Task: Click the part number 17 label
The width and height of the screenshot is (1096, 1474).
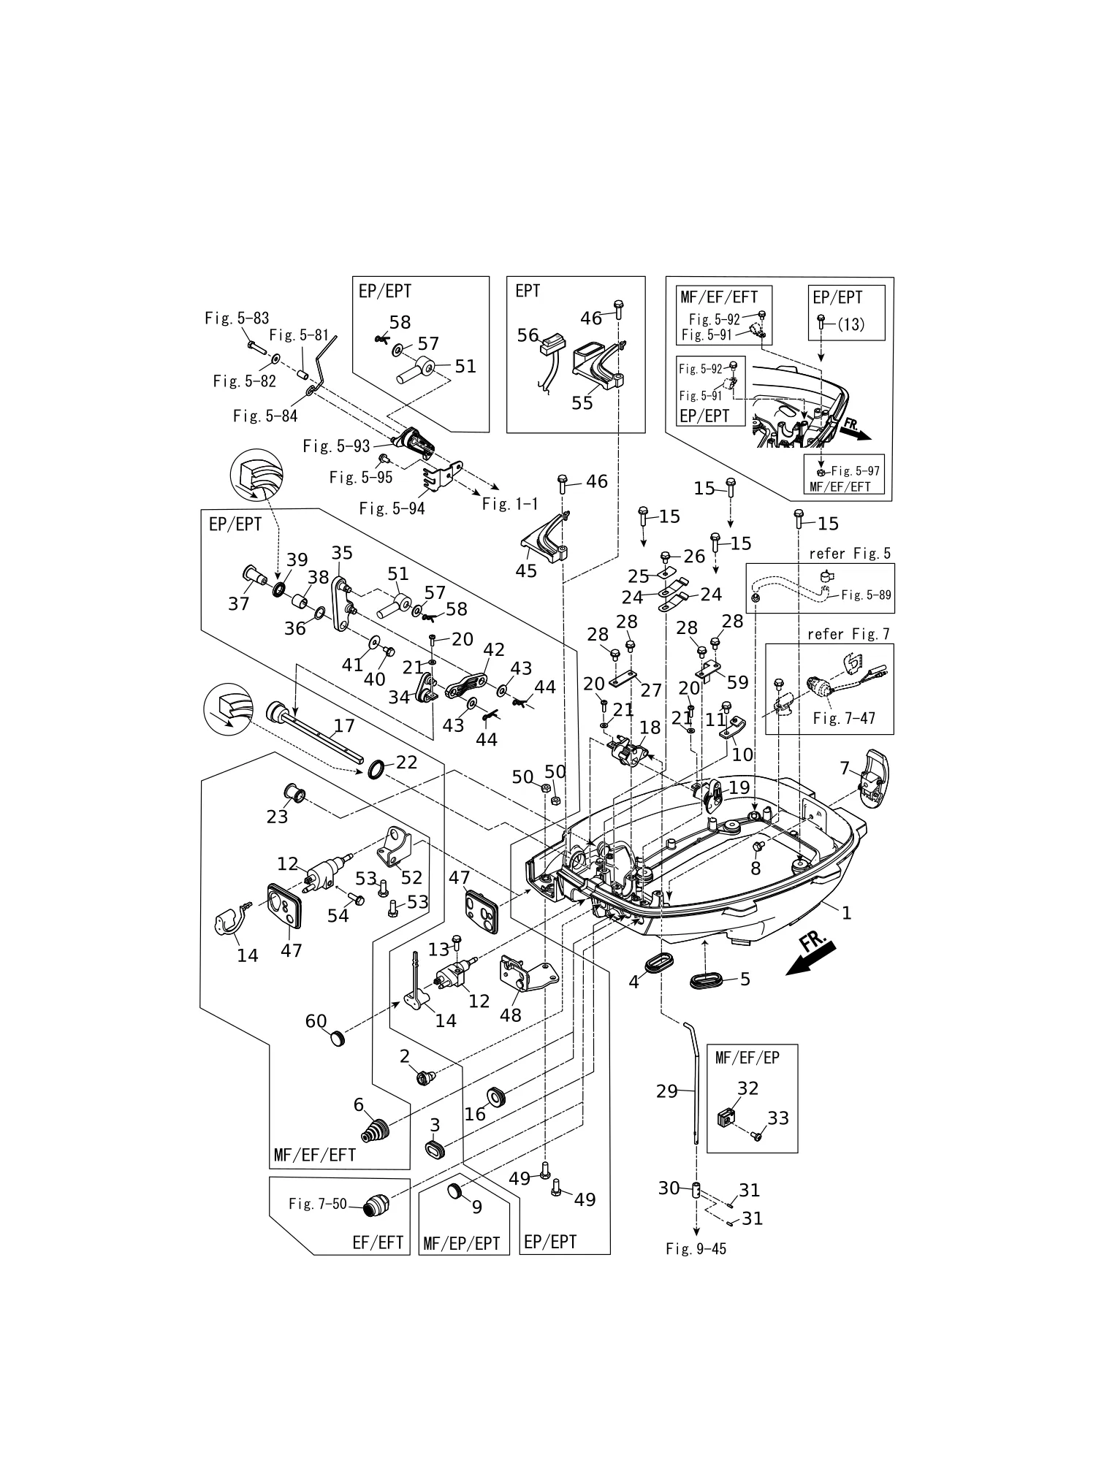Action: (344, 725)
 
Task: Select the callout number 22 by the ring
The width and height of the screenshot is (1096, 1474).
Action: (406, 762)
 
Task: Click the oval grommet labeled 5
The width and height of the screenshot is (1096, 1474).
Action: (707, 980)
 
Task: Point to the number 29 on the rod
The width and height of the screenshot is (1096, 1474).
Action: (667, 1091)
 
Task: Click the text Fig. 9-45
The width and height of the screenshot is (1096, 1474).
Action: (696, 1248)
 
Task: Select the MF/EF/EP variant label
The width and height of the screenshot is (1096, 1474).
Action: (747, 1057)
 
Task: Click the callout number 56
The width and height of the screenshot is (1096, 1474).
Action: (528, 335)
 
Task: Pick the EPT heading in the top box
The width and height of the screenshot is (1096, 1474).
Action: (528, 291)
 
